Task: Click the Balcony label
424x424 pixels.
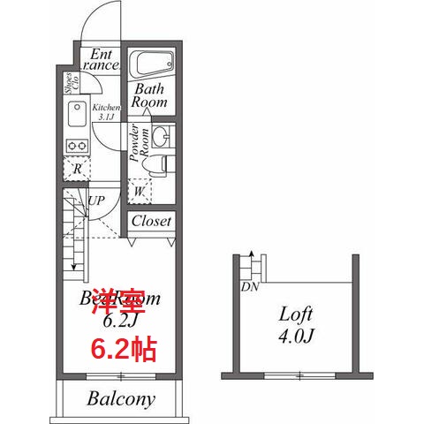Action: click(x=121, y=398)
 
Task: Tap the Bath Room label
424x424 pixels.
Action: click(x=149, y=95)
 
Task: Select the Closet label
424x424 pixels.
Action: click(x=151, y=221)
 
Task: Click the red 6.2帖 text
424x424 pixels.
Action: click(x=124, y=348)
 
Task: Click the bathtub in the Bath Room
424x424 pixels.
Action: click(x=153, y=64)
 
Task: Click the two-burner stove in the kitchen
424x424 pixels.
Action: click(x=75, y=145)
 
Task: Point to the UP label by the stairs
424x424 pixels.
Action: click(x=96, y=201)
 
